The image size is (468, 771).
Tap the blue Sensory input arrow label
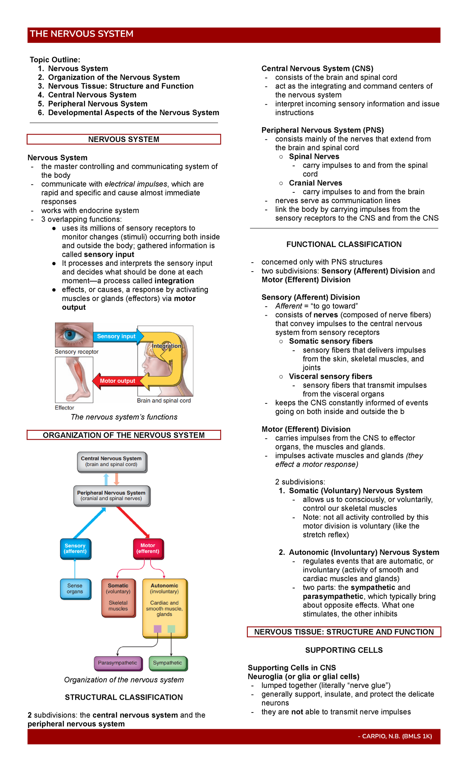(116, 336)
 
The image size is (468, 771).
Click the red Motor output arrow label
(117, 381)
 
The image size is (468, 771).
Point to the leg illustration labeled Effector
(74, 380)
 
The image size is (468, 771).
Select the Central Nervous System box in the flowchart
(112, 462)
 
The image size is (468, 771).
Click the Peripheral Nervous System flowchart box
(112, 496)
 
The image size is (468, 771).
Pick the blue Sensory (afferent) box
(75, 549)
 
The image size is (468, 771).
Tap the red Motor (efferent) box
(148, 549)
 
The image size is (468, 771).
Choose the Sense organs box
(75, 589)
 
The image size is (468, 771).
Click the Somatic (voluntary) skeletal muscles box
(118, 597)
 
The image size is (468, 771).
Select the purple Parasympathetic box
(117, 663)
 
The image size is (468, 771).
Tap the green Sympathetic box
(168, 663)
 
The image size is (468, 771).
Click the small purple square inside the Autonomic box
(158, 629)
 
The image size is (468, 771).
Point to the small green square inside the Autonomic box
(171, 629)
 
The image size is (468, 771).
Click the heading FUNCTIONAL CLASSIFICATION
(344, 245)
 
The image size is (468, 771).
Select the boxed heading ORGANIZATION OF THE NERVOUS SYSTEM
(124, 435)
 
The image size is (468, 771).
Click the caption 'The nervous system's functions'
(124, 417)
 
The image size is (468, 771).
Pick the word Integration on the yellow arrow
(167, 346)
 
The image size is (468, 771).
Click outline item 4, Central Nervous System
(92, 95)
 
